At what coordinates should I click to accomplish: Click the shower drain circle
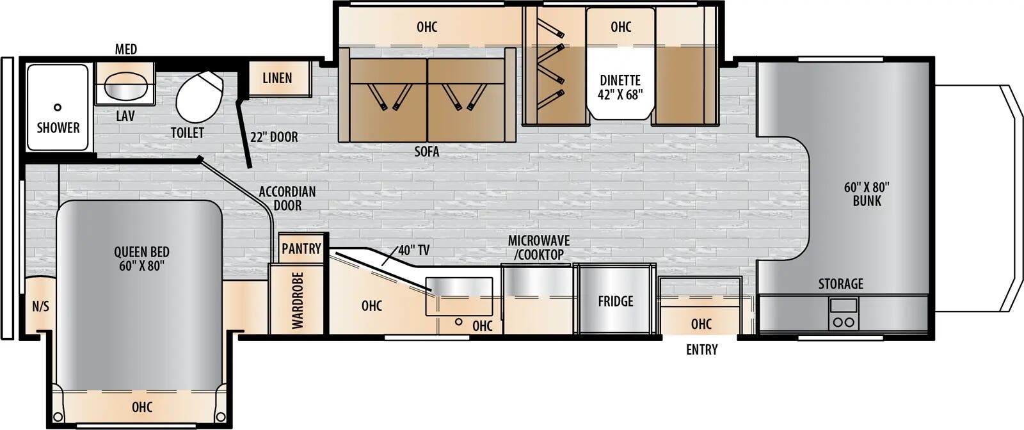(58, 107)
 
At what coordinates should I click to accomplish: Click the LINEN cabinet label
(277, 78)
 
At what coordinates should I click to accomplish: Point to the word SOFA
(426, 152)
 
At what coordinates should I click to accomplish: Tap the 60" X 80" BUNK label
(867, 194)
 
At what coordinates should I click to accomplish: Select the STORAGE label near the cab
(840, 283)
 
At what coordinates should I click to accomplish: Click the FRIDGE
(615, 301)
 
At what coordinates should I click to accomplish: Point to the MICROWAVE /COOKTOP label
(539, 248)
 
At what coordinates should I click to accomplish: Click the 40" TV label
(413, 250)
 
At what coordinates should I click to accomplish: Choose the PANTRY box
(301, 248)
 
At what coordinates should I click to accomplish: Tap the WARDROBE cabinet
(298, 300)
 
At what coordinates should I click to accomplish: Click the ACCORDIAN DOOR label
(287, 198)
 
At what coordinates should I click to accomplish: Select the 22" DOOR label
(274, 137)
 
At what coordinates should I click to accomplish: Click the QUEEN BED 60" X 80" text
(141, 259)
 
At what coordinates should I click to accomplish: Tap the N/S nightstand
(40, 307)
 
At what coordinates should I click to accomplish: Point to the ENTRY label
(701, 349)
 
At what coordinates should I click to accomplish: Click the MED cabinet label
(126, 49)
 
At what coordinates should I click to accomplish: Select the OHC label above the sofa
(427, 27)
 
